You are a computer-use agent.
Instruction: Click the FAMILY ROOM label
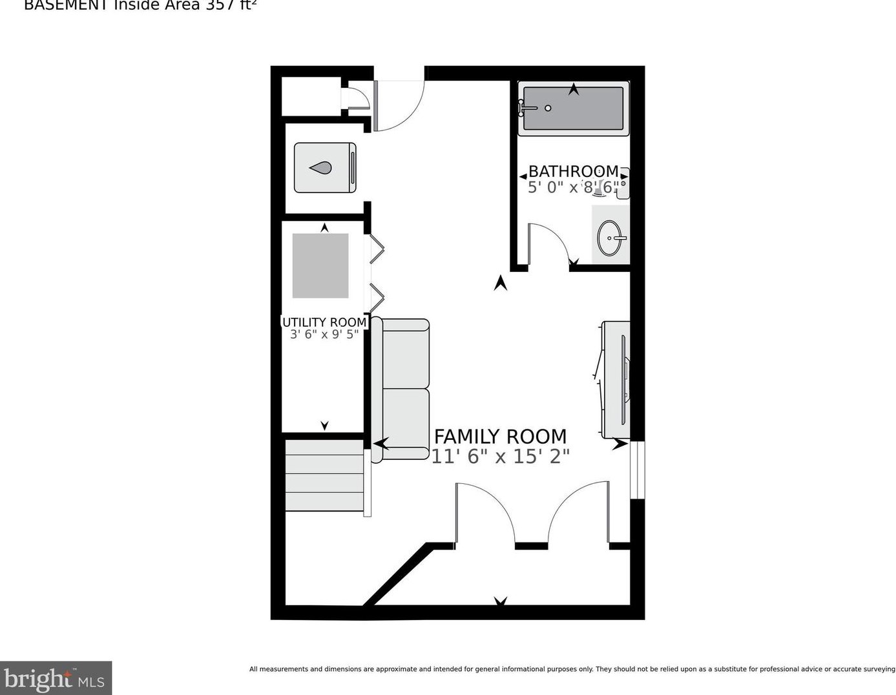coord(500,437)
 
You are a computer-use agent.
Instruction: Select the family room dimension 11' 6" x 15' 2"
coord(500,457)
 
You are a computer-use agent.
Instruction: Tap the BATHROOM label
coord(573,171)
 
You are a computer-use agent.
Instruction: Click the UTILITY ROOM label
coord(324,322)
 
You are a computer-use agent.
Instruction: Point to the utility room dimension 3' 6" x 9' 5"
coord(324,335)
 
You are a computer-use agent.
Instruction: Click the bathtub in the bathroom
coord(573,109)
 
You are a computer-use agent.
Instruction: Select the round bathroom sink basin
coord(610,238)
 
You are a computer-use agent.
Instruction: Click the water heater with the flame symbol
coord(325,168)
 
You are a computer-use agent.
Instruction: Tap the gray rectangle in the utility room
coord(320,265)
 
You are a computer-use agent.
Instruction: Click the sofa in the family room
coord(401,389)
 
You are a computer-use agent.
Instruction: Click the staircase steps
coord(325,475)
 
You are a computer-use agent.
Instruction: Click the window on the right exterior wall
coord(638,470)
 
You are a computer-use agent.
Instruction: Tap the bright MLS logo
coord(56,678)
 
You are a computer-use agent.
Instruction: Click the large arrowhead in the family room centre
coord(500,283)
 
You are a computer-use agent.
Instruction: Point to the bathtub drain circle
coord(548,109)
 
